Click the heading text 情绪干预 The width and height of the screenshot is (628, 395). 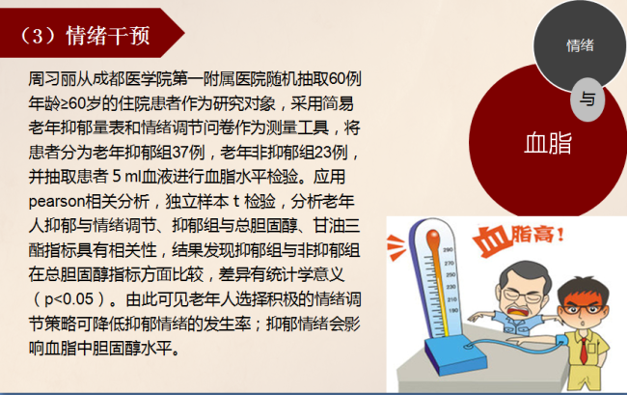click(108, 36)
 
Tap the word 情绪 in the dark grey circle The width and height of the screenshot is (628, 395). click(580, 45)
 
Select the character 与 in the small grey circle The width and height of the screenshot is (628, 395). click(587, 99)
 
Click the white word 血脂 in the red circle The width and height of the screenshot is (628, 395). click(548, 143)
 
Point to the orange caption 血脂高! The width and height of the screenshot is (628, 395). click(519, 238)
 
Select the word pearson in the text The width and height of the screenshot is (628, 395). click(57, 202)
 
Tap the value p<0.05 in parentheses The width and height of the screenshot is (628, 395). click(69, 299)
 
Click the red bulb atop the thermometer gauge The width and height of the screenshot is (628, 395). click(433, 239)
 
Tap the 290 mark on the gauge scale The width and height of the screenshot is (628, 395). click(448, 250)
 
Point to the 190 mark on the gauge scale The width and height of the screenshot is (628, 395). click(453, 311)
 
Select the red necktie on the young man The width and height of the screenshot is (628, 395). click(584, 352)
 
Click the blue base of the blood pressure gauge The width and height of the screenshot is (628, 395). click(456, 356)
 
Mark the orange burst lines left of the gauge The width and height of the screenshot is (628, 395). click(396, 246)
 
